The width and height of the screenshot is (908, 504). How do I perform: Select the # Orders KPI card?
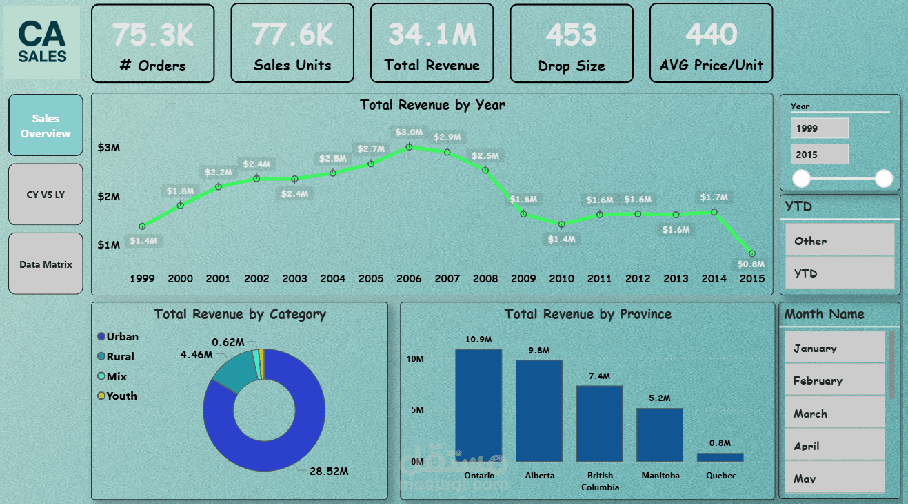click(152, 43)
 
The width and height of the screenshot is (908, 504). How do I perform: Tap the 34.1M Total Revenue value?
click(432, 34)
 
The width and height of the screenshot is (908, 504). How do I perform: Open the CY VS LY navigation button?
click(46, 195)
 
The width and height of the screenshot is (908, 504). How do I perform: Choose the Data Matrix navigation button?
click(46, 264)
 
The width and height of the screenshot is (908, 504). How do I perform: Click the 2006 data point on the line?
click(409, 146)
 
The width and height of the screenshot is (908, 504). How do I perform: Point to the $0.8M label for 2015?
click(751, 264)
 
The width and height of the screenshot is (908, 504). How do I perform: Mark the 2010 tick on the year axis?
click(561, 278)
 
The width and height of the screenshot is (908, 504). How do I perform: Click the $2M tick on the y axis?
click(108, 197)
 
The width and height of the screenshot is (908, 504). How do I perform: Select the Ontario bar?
click(478, 405)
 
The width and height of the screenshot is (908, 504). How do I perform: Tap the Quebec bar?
click(720, 457)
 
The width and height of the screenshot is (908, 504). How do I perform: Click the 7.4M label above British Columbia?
click(599, 376)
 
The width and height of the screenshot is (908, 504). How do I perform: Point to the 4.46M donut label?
click(196, 355)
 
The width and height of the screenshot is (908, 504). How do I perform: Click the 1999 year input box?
click(820, 128)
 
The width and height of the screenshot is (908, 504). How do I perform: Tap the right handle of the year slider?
click(883, 179)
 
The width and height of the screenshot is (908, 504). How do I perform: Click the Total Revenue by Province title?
click(587, 314)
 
